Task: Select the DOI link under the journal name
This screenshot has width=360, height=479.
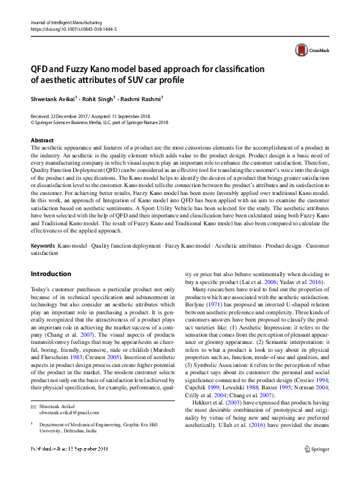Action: (73, 29)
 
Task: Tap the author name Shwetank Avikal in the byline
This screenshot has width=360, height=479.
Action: (52, 97)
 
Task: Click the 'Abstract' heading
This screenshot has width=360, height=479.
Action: (42, 140)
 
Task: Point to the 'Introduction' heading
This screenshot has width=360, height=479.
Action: (51, 274)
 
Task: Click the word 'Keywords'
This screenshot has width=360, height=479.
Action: (43, 246)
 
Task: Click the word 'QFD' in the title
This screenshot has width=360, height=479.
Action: (41, 68)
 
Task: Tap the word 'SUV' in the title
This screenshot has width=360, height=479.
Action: (131, 79)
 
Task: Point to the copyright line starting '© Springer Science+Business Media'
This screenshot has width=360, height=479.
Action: (99, 122)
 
